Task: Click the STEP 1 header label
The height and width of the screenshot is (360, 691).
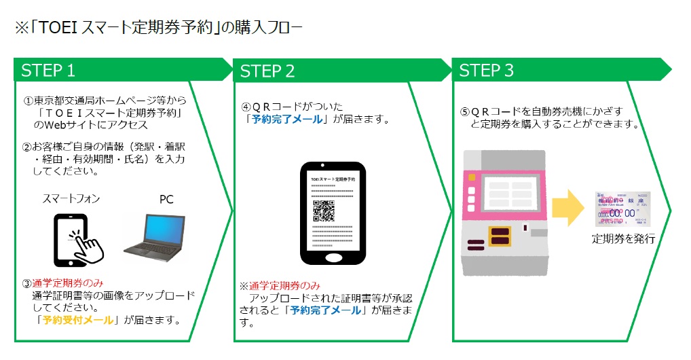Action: point(48,70)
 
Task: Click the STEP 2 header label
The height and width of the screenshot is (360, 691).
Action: point(267,71)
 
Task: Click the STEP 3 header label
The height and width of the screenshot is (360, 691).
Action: point(487,70)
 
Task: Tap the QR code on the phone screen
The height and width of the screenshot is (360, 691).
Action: point(324,211)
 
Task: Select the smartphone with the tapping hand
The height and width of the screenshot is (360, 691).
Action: point(77,240)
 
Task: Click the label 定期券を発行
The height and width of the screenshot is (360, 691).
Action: point(623,238)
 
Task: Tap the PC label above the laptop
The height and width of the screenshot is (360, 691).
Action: point(167,200)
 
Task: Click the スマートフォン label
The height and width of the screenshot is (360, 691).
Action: point(71,199)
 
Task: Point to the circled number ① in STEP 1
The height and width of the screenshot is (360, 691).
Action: point(29,101)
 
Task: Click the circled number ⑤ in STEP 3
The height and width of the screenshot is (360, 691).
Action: point(465,111)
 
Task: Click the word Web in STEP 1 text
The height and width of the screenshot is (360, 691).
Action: point(56,125)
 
